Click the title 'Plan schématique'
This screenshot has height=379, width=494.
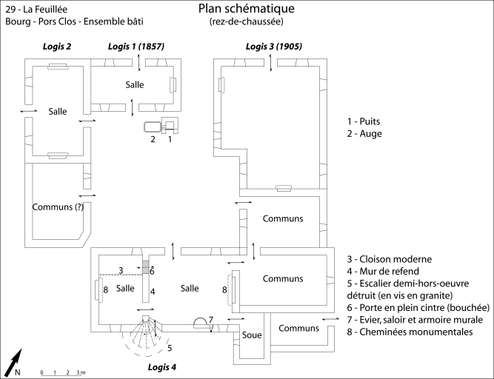(x=246, y=9)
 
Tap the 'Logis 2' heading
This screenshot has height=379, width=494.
(x=56, y=47)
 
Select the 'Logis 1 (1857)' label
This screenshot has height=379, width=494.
(x=136, y=47)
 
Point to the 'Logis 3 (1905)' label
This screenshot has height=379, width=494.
(x=273, y=47)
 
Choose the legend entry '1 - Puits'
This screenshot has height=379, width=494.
(x=368, y=121)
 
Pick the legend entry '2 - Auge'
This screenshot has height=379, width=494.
(x=367, y=134)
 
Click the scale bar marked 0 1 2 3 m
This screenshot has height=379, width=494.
(x=63, y=372)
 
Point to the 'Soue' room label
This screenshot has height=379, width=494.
(x=250, y=335)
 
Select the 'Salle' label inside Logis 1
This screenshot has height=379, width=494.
(x=135, y=84)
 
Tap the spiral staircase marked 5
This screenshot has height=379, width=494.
(x=148, y=335)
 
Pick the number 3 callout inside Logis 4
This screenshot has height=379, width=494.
(x=121, y=269)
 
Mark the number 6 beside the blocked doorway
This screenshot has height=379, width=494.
(x=152, y=271)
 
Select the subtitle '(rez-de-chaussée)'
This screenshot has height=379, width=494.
(x=246, y=21)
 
